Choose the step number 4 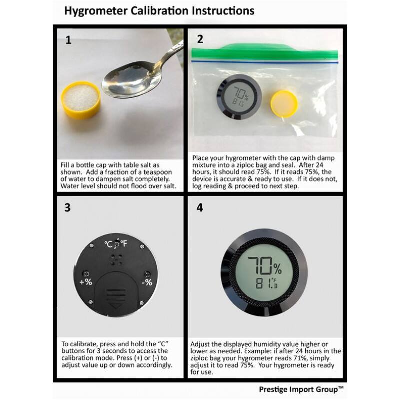click(x=200, y=208)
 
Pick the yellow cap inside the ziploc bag click(x=284, y=103)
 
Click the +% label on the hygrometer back click(x=86, y=282)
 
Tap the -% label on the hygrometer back click(x=147, y=282)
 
